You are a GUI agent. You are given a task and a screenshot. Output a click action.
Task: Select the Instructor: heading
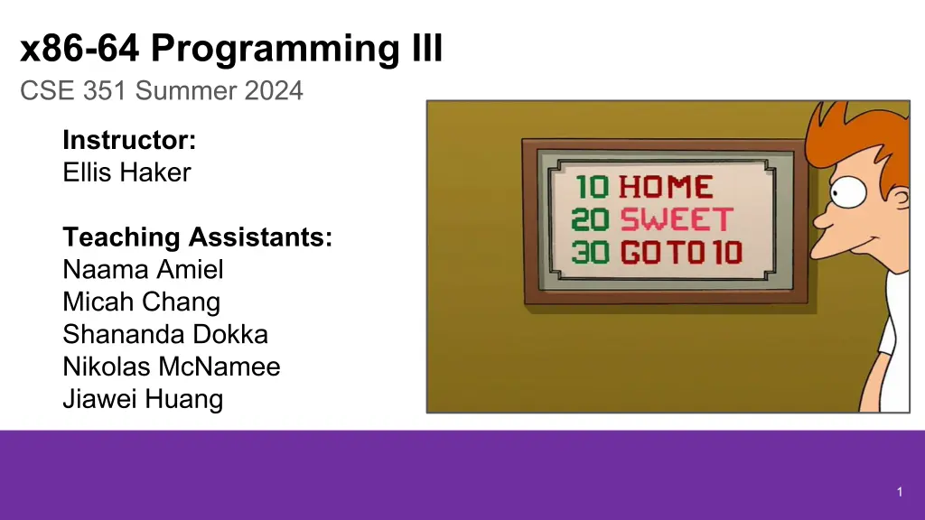129,140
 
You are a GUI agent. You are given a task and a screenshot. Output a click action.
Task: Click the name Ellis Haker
126,172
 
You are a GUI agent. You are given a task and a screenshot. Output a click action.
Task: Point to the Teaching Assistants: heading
198,237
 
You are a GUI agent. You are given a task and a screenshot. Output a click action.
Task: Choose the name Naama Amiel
143,269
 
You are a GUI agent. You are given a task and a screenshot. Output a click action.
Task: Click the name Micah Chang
142,302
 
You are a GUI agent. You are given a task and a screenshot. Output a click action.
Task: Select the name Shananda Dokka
165,334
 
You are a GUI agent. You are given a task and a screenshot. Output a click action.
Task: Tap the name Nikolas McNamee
171,367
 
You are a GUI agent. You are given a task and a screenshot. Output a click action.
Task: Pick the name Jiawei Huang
143,400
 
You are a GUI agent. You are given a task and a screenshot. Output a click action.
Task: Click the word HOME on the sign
666,188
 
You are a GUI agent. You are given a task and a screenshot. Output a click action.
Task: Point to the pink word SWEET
677,220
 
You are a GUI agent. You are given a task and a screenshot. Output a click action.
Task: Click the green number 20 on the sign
590,220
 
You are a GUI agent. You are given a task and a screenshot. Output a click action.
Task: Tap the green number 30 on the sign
590,253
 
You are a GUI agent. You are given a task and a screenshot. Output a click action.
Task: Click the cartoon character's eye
847,192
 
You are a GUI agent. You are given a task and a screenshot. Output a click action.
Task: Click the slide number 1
900,492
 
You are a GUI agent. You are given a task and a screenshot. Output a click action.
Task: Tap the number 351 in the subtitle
105,91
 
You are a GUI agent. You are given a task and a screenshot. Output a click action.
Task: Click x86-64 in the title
79,49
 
